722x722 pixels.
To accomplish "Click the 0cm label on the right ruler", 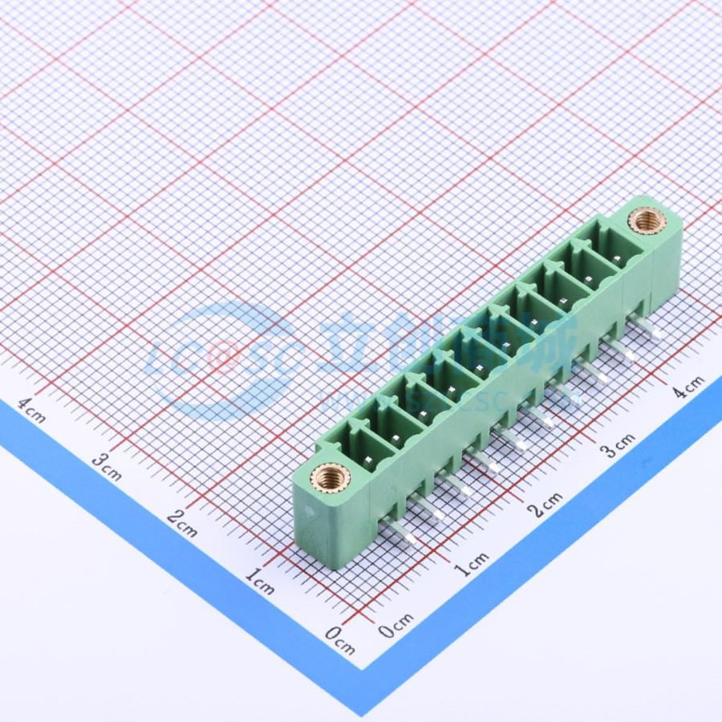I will point(396,625).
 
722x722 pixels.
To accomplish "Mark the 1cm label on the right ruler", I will point(471,564).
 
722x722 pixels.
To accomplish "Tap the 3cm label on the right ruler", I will point(619,444).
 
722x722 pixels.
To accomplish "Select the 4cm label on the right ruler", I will point(688,387).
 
